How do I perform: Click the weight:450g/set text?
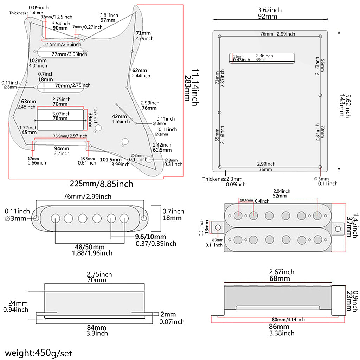pos(38,352)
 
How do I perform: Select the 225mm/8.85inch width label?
pos(102,184)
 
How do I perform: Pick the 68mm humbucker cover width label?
pos(279,278)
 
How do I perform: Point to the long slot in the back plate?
pos(262,58)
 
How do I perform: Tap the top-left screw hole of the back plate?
pos(220,37)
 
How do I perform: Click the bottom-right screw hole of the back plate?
pos(320,167)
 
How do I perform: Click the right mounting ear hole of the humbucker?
pos(338,229)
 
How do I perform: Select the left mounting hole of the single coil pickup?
pos(36,218)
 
